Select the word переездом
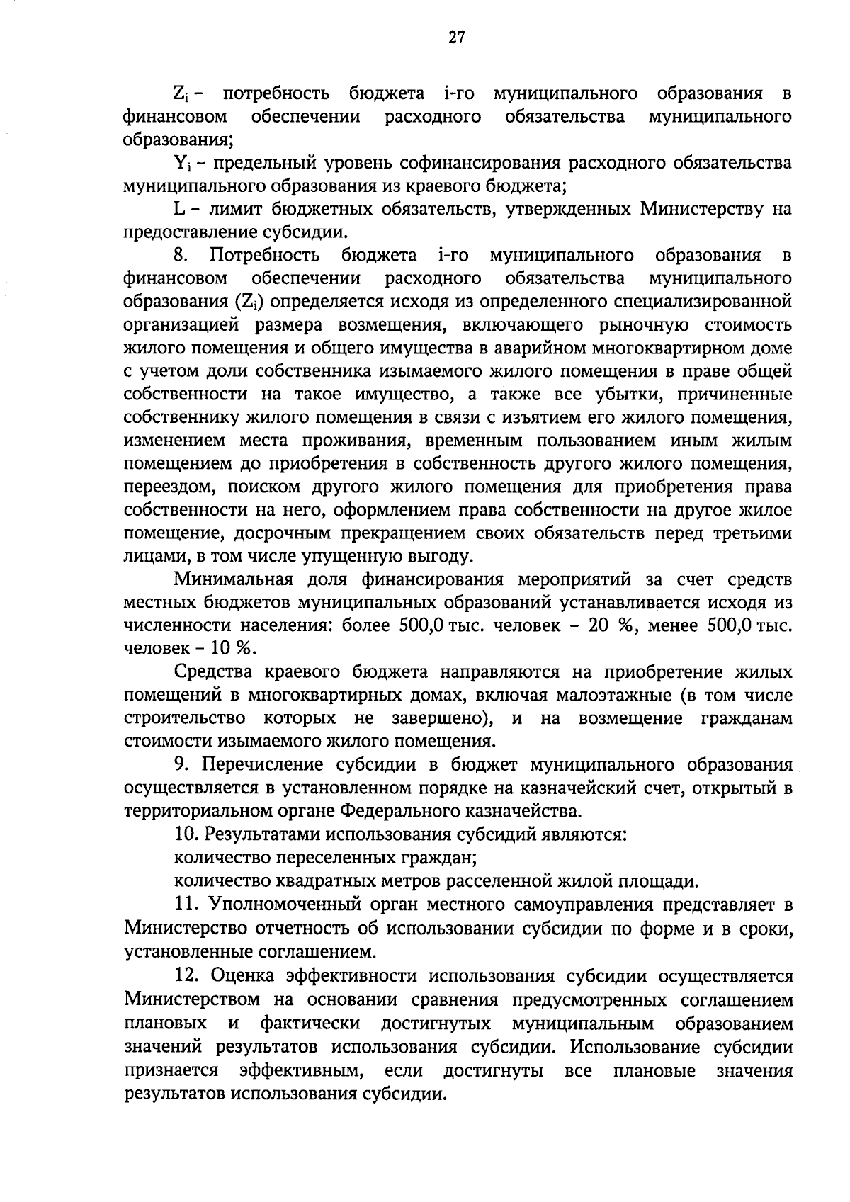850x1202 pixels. [x=164, y=487]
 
